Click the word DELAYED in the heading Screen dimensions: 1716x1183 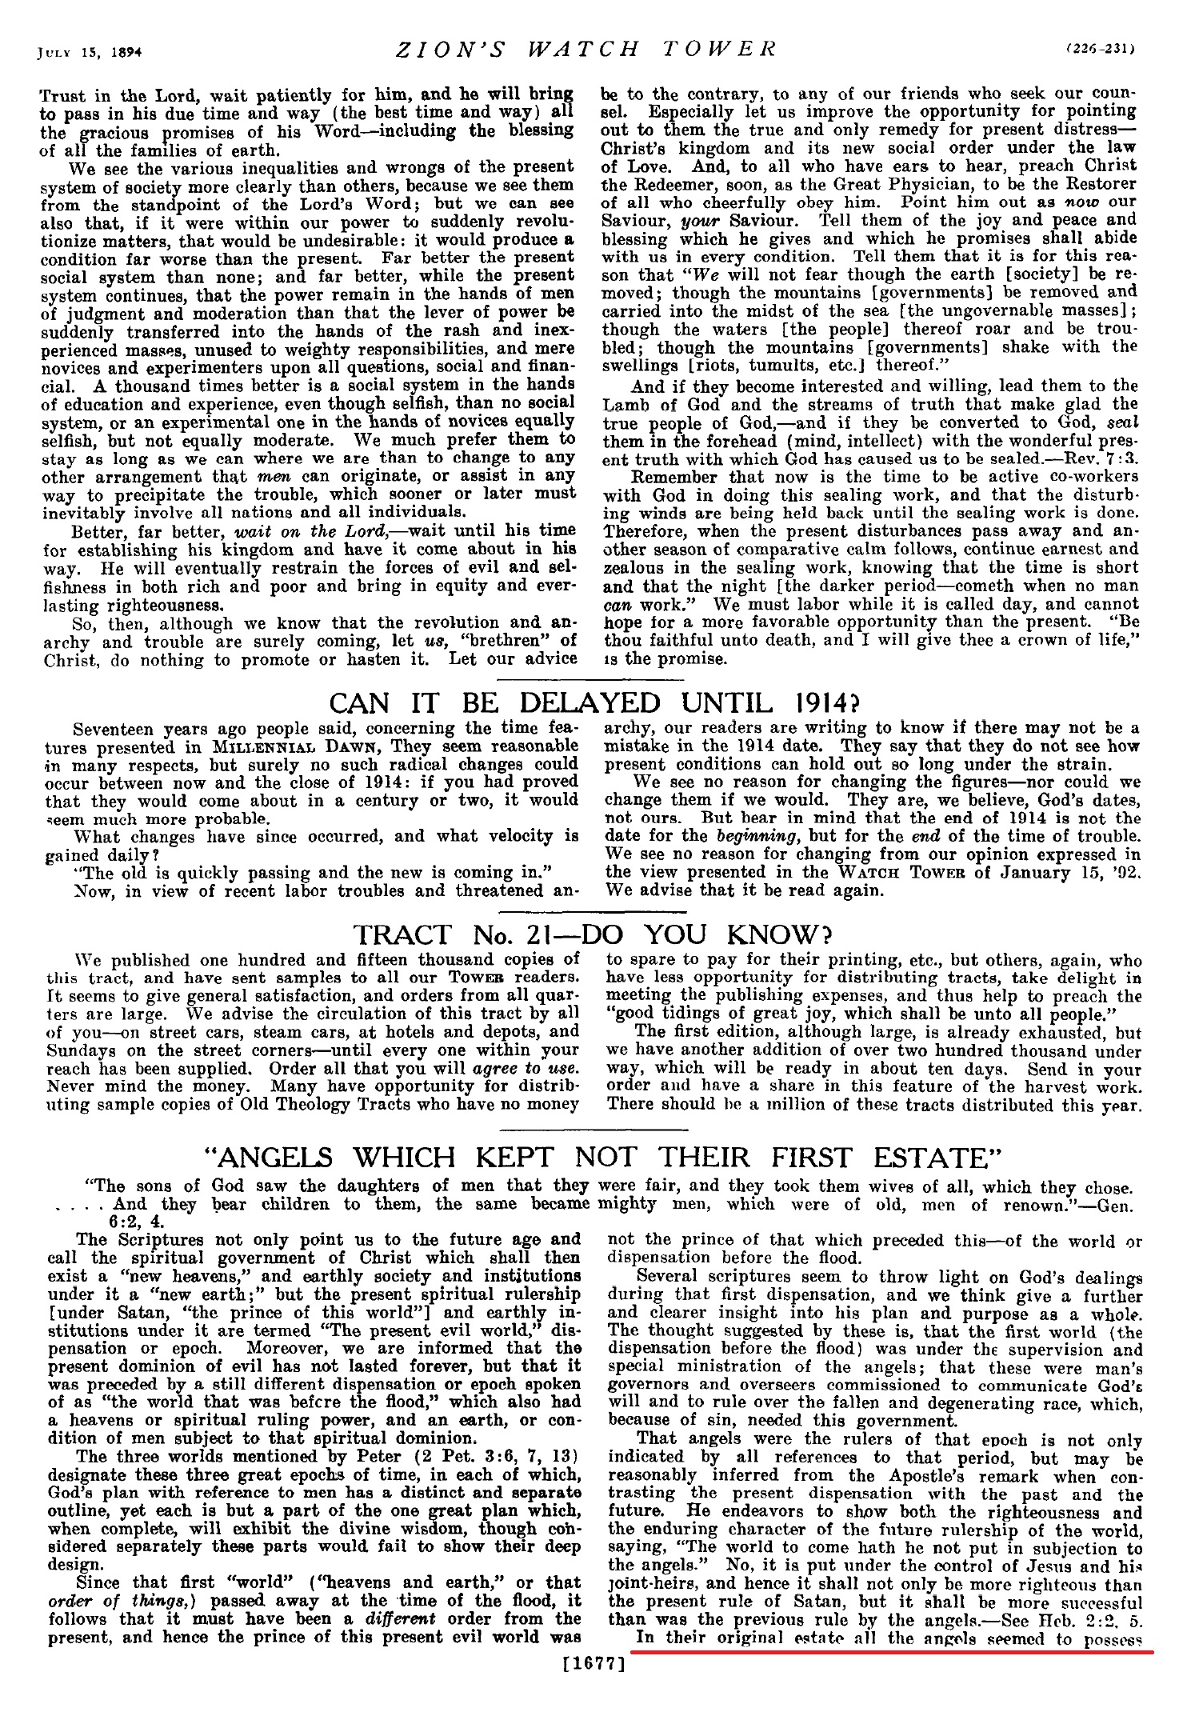click(x=590, y=703)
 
